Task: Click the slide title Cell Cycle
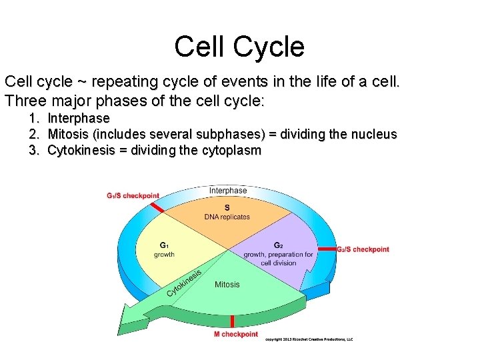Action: coord(239,47)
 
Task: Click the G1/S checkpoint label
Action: coord(133,196)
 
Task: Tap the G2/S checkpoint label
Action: coord(363,249)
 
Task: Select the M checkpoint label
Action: coord(235,334)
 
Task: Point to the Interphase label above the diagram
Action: coord(228,191)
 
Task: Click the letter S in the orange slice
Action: coord(227,207)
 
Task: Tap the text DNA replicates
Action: coord(227,217)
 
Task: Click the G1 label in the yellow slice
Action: coord(164,245)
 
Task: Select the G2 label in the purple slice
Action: coord(279,245)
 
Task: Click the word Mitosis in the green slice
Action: coord(227,285)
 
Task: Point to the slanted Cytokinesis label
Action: coord(184,283)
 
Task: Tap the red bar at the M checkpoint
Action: coord(233,321)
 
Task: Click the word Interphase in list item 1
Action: coord(79,119)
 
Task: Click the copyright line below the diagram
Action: coord(309,339)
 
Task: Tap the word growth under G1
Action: coord(164,254)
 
